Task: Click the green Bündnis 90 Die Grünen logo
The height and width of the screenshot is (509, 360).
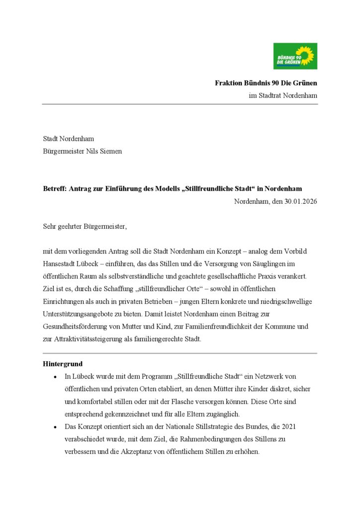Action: (x=295, y=56)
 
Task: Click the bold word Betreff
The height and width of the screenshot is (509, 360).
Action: (x=54, y=189)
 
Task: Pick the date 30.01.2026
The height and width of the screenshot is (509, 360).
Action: (x=300, y=202)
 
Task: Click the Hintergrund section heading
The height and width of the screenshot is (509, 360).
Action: (x=63, y=364)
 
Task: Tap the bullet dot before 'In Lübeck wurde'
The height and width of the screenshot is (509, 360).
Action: (x=55, y=377)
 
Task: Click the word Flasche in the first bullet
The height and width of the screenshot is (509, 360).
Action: (x=208, y=402)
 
